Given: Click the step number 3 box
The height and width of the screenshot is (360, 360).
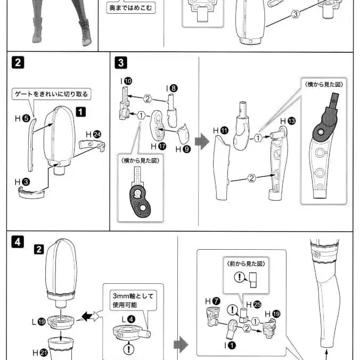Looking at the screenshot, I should pyautogui.click(x=121, y=63).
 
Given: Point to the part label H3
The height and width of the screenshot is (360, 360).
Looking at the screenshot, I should pyautogui.click(x=22, y=182).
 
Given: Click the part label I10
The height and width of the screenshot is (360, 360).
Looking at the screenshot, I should pyautogui.click(x=126, y=80).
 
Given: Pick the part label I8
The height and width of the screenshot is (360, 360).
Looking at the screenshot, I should pyautogui.click(x=171, y=88).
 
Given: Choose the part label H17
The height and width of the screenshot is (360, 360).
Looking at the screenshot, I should pyautogui.click(x=158, y=145).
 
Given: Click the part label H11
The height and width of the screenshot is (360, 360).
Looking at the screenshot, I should pyautogui.click(x=220, y=130).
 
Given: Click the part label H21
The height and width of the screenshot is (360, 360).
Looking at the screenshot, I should pyautogui.click(x=38, y=353).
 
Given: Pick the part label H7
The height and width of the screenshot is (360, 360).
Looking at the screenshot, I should pyautogui.click(x=212, y=301).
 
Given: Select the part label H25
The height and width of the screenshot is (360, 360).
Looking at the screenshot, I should pyautogui.click(x=256, y=304).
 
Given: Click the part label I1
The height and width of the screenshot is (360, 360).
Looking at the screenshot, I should pyautogui.click(x=230, y=345).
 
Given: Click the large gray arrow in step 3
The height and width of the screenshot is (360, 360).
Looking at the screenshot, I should pyautogui.click(x=202, y=142).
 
